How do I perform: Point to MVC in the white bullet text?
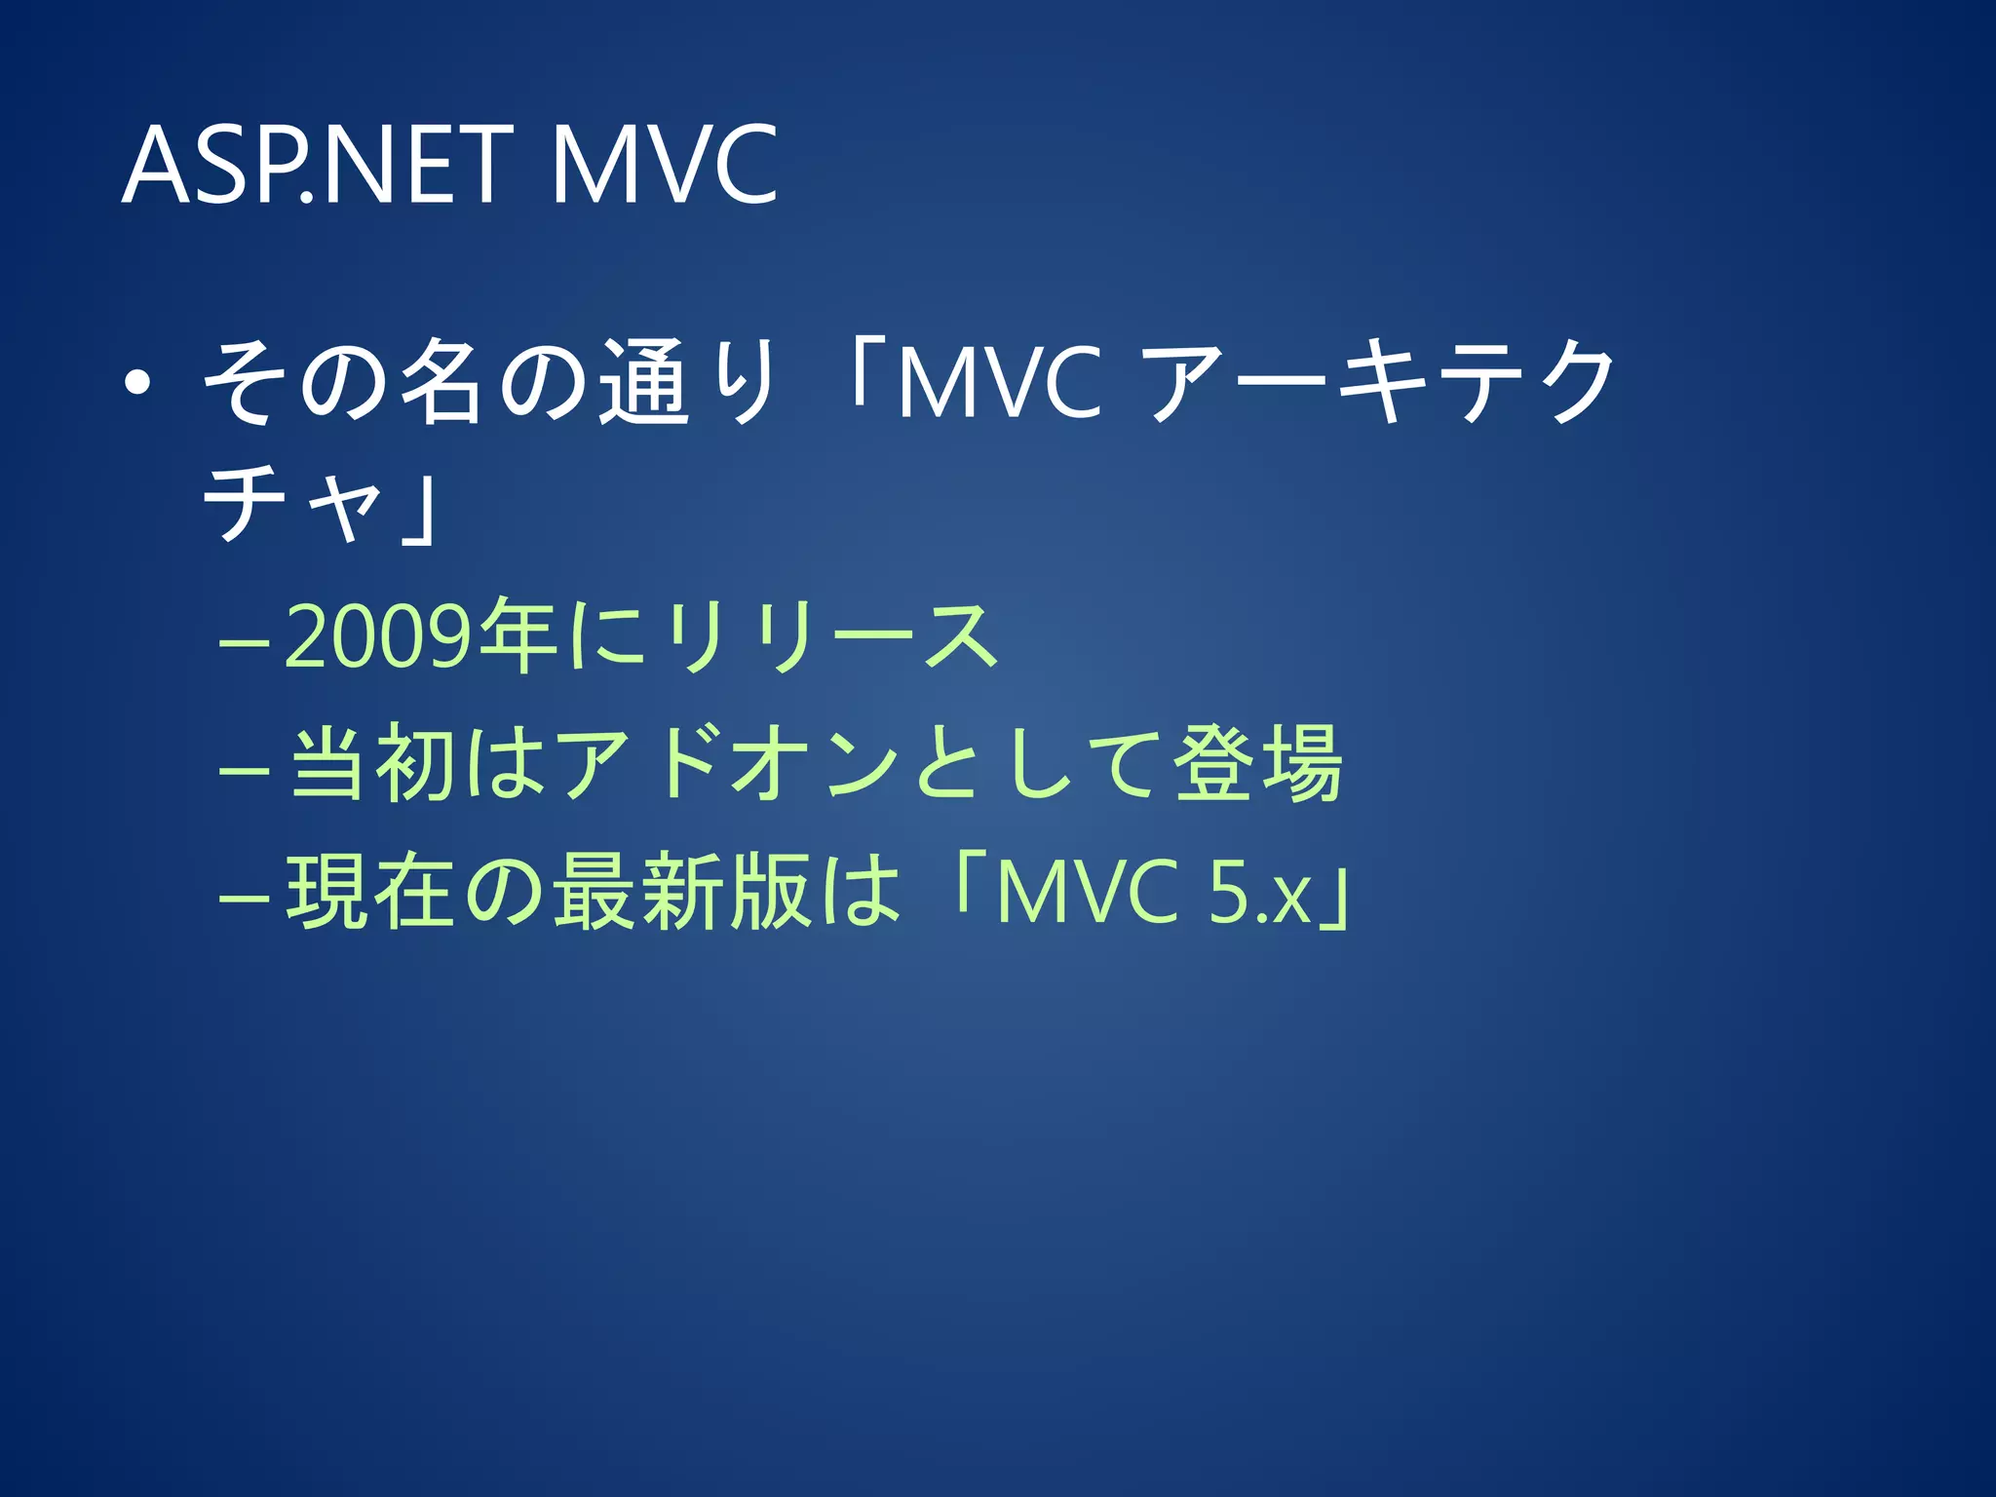click(x=998, y=383)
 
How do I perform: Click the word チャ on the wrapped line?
click(x=292, y=503)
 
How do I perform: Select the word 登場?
click(x=1257, y=764)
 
